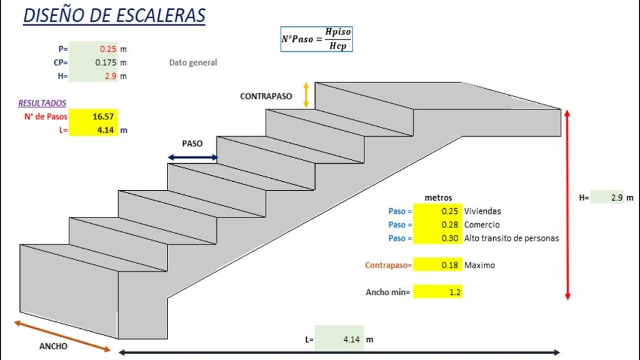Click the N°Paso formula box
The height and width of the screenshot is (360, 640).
[321, 39]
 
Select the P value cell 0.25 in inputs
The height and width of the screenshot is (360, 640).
[93, 49]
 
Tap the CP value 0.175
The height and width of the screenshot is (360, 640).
[93, 62]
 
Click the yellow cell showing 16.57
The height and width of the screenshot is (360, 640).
[93, 116]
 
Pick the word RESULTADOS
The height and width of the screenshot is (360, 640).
[42, 103]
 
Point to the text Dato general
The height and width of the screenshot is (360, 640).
[193, 62]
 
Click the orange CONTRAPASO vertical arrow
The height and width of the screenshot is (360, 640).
[306, 95]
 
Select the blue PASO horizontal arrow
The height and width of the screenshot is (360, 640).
[192, 158]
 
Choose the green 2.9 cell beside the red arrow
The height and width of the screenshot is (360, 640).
[607, 197]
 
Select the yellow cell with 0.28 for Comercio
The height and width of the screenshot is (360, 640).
[437, 225]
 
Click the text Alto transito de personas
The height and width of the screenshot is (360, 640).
[511, 238]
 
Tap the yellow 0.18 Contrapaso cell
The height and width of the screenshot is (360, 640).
[437, 265]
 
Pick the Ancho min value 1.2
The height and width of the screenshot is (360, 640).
[437, 292]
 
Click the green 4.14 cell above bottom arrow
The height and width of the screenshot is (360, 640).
[341, 339]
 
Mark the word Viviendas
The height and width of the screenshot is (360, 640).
[482, 211]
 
